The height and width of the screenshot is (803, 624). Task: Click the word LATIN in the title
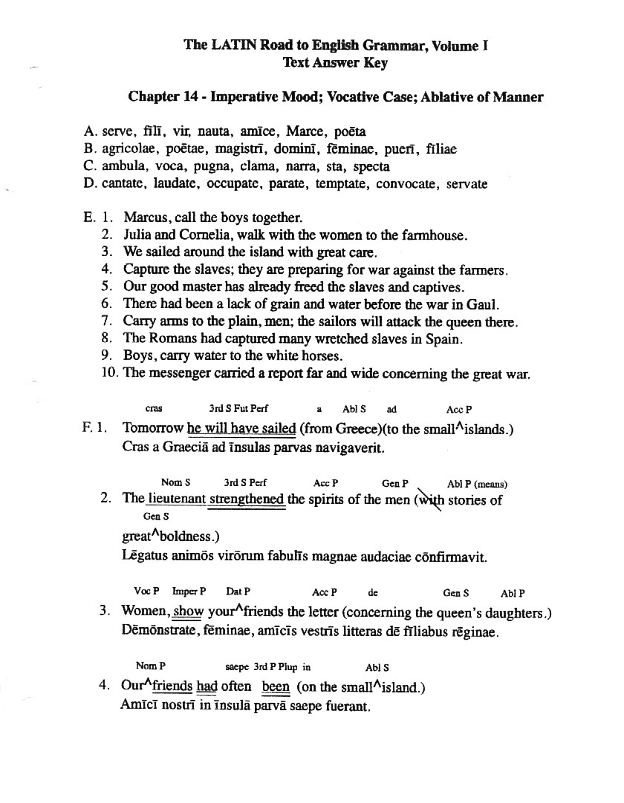pyautogui.click(x=232, y=45)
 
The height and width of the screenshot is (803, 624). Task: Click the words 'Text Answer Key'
pyautogui.click(x=335, y=63)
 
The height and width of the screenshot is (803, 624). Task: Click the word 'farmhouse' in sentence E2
pyautogui.click(x=435, y=236)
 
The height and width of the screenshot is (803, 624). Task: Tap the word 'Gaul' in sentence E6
pyautogui.click(x=483, y=304)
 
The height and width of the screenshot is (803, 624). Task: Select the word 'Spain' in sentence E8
pyautogui.click(x=445, y=339)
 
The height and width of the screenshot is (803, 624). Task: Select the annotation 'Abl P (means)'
pyautogui.click(x=477, y=484)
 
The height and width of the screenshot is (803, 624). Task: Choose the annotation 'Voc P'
pyautogui.click(x=146, y=592)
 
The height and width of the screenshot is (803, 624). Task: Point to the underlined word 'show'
pyautogui.click(x=188, y=612)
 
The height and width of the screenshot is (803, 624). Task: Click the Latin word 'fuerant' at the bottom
pyautogui.click(x=347, y=706)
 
